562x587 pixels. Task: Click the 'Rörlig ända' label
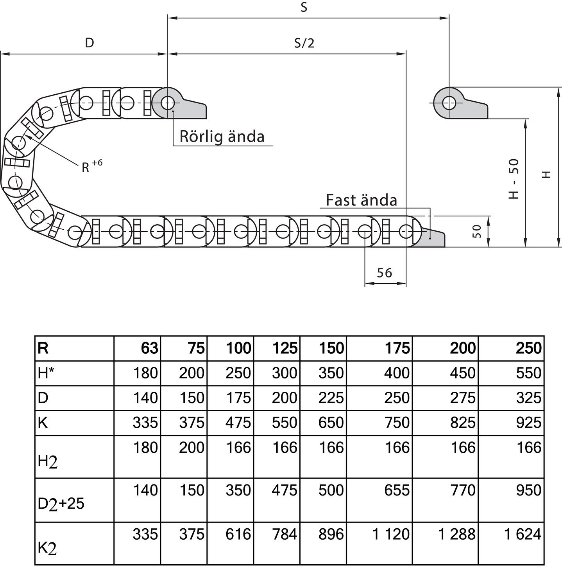click(x=222, y=137)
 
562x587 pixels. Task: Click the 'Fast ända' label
click(x=361, y=200)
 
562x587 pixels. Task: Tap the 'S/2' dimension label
click(x=304, y=43)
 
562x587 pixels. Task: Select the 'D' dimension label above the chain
click(x=89, y=43)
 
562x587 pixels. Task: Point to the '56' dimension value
click(x=384, y=273)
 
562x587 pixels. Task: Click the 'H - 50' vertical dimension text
click(x=514, y=178)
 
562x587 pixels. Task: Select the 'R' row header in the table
click(x=43, y=348)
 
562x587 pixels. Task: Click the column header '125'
click(x=285, y=348)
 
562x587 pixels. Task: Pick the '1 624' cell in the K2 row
click(x=523, y=534)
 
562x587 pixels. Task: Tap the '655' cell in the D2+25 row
click(x=397, y=490)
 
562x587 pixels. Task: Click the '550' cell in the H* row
click(x=528, y=373)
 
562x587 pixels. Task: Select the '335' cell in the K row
click(x=145, y=423)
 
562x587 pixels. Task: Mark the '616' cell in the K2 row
click(x=238, y=534)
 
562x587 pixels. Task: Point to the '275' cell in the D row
click(x=462, y=398)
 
